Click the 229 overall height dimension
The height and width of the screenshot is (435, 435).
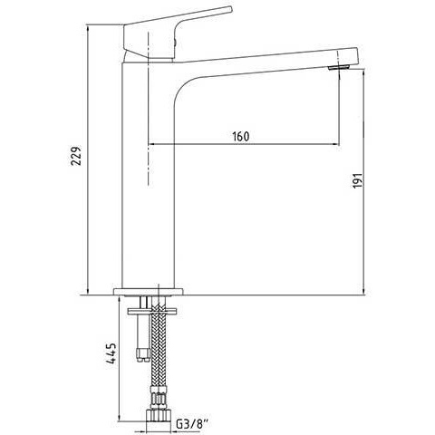(x=76, y=156)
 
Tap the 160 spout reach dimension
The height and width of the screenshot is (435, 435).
(x=241, y=137)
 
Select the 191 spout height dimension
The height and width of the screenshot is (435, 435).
(x=357, y=180)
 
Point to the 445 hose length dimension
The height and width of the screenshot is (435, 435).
(x=111, y=353)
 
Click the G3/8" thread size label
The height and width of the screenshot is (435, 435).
(x=192, y=424)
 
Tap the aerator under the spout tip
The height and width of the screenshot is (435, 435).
(x=339, y=67)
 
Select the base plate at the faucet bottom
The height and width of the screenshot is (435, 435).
(x=149, y=292)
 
